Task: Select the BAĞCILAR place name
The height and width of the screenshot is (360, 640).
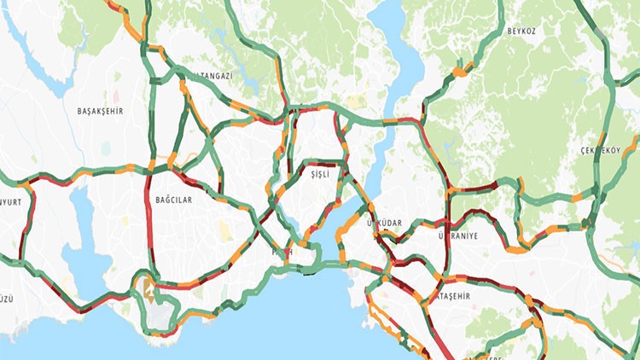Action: point(174,200)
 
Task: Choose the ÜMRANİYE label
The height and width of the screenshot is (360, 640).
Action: point(457,236)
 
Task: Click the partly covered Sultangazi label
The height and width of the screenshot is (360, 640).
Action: point(213,76)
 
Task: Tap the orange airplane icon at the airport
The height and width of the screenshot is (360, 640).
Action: point(150,291)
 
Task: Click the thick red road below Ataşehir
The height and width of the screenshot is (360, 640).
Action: point(445,341)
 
